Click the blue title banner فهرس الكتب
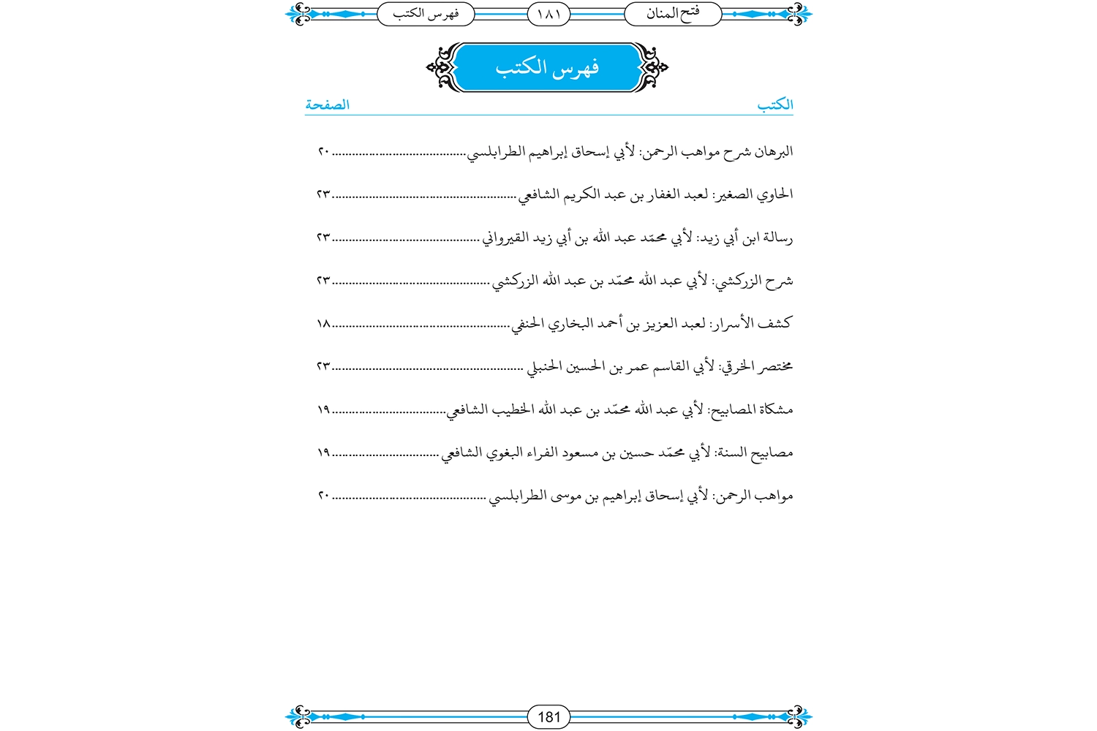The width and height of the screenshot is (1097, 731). [x=547, y=68]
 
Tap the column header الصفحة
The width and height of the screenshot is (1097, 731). [x=327, y=105]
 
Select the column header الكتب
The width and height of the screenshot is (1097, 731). [x=775, y=105]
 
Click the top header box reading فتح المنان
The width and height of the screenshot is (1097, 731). [x=673, y=14]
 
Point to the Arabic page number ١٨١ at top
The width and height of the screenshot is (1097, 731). [x=548, y=14]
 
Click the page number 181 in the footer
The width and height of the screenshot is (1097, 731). [x=548, y=716]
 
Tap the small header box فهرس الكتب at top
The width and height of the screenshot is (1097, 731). [x=425, y=14]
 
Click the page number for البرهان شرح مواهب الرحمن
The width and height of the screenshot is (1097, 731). [x=324, y=152]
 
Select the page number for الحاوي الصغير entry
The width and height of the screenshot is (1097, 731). [x=324, y=194]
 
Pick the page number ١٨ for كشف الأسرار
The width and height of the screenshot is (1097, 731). [x=324, y=323]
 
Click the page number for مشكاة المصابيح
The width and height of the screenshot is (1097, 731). [x=324, y=409]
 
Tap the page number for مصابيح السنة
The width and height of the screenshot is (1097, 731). [x=324, y=452]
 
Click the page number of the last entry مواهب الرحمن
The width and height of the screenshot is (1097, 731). [x=324, y=496]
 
